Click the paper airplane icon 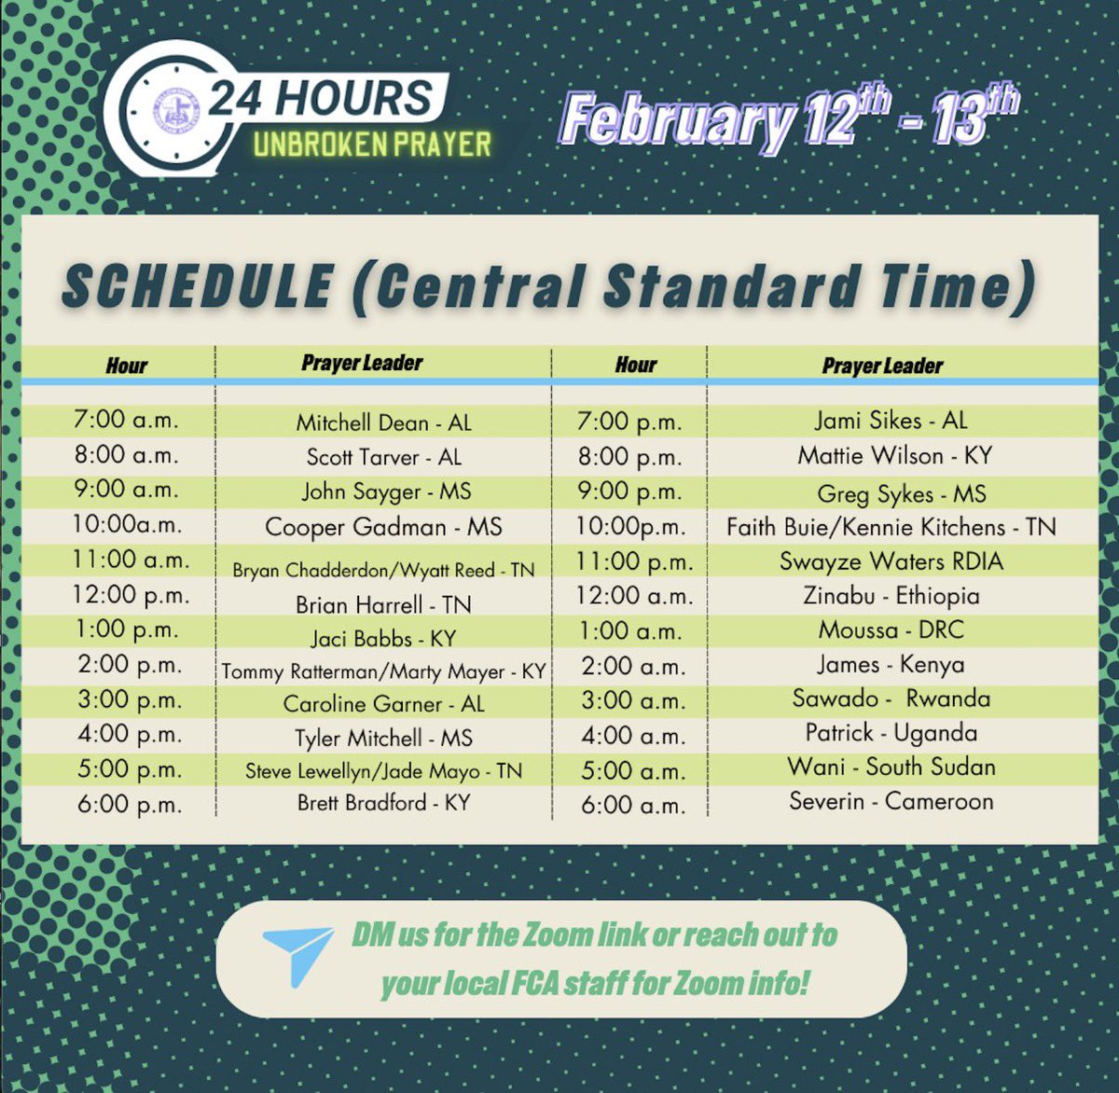pyautogui.click(x=297, y=955)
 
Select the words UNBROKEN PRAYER pyautogui.click(x=371, y=145)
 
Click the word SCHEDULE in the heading pyautogui.click(x=198, y=286)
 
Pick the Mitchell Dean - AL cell pyautogui.click(x=383, y=422)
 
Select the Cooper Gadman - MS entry pyautogui.click(x=383, y=527)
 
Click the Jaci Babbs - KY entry pyautogui.click(x=383, y=639)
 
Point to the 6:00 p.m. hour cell pyautogui.click(x=131, y=805)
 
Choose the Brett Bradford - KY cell pyautogui.click(x=383, y=803)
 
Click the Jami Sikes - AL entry pyautogui.click(x=891, y=421)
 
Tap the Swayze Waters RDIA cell pyautogui.click(x=891, y=561)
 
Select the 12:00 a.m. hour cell pyautogui.click(x=634, y=596)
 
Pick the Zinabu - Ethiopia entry pyautogui.click(x=891, y=596)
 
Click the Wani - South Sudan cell pyautogui.click(x=891, y=768)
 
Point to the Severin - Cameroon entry pyautogui.click(x=891, y=801)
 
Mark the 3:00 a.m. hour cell pyautogui.click(x=634, y=701)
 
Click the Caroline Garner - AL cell pyautogui.click(x=383, y=704)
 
